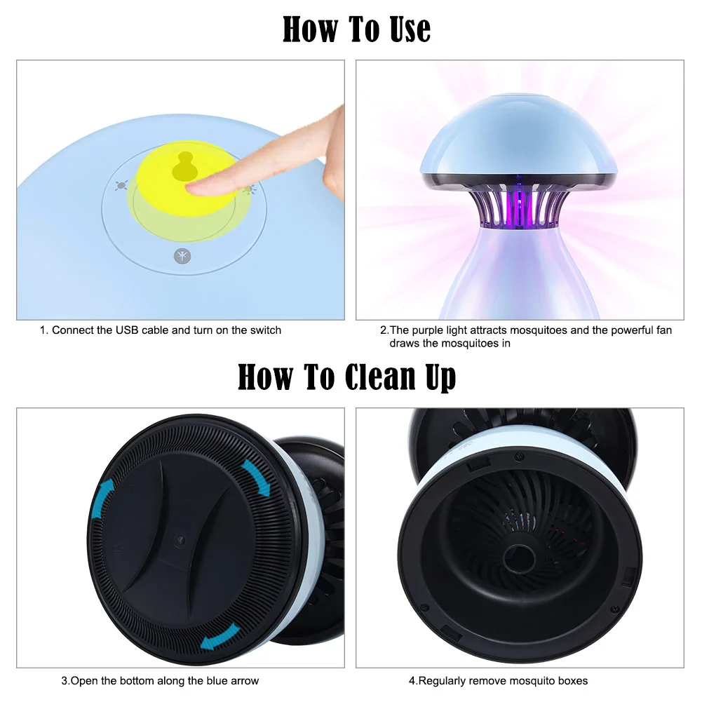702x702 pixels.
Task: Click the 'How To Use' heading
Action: [356, 29]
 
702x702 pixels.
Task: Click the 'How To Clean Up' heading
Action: [346, 377]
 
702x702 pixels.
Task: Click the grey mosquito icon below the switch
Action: [182, 256]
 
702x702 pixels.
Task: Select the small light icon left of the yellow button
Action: [121, 186]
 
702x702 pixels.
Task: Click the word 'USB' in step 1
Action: [127, 330]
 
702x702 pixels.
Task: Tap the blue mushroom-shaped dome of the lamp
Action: [518, 139]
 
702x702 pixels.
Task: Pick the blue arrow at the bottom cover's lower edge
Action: [220, 636]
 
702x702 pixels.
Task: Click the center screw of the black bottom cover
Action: [180, 541]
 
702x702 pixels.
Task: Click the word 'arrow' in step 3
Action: [245, 681]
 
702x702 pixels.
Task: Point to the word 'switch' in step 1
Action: [266, 330]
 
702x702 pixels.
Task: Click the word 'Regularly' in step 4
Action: [439, 681]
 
